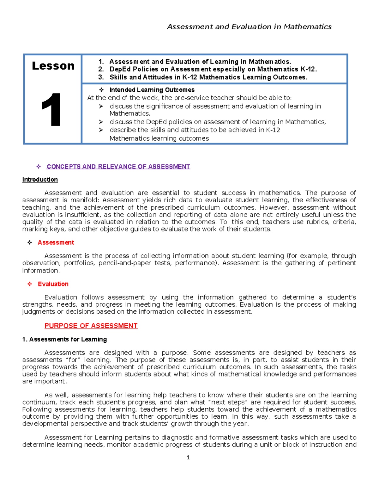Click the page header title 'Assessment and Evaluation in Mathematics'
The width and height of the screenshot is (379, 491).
coord(249,27)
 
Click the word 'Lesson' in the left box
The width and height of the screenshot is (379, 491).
coord(53,66)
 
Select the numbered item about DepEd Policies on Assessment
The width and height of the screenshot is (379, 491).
coord(213,69)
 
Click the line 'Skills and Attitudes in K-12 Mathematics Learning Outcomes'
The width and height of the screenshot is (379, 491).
coord(208,77)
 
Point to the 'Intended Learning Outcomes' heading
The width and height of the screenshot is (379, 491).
coord(152,90)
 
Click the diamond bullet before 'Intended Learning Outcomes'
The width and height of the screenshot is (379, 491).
coord(101,90)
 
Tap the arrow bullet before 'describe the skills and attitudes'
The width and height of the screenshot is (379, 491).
coord(101,130)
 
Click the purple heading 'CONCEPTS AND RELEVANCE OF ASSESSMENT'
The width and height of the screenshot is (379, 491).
coord(118,167)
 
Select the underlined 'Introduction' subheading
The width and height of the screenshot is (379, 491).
coord(40,180)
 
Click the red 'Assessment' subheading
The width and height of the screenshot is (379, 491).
coord(56,242)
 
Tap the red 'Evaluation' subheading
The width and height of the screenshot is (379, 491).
coord(53,284)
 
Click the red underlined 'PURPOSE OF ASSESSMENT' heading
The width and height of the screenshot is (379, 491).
coord(91,326)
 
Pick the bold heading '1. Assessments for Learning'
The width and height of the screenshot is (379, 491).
coord(64,339)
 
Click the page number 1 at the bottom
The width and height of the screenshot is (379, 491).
coord(188,457)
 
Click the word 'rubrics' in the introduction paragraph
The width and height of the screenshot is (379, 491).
coord(317,222)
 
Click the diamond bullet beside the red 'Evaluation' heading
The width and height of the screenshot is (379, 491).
coord(30,284)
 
